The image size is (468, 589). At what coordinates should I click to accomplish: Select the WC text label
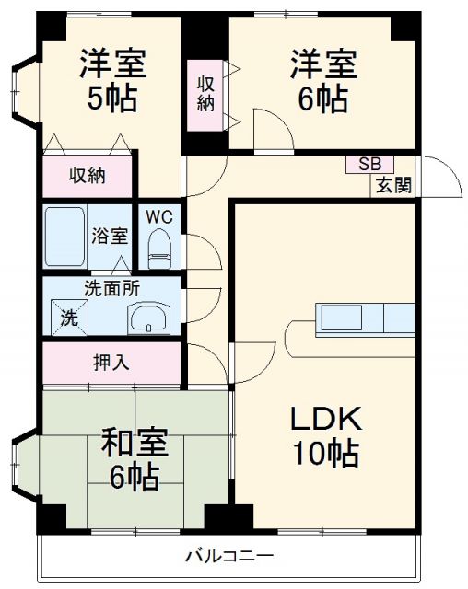(159, 216)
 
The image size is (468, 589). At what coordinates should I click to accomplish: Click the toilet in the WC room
(159, 247)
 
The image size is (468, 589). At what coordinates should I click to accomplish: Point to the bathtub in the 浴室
(64, 237)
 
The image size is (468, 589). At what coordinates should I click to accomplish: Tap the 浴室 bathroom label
(111, 236)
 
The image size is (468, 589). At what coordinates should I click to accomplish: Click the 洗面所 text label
(111, 287)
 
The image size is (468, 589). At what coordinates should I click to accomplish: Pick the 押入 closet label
(111, 362)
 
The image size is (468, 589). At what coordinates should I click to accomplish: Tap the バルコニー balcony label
(228, 556)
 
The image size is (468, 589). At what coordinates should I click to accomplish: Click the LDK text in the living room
(326, 420)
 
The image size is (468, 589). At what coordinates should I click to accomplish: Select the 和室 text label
(135, 444)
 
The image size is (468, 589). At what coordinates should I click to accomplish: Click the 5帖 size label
(112, 98)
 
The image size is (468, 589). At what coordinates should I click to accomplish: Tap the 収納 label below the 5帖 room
(88, 175)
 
